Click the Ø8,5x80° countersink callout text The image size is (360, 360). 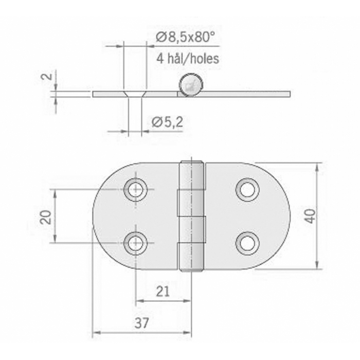[185, 37]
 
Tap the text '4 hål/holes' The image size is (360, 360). [187, 58]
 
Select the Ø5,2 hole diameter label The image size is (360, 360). [168, 122]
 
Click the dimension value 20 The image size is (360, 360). [46, 217]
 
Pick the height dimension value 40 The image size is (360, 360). [310, 216]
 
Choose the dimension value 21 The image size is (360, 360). [163, 292]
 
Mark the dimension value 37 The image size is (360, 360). [142, 323]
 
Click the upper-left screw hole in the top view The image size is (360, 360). [135, 190]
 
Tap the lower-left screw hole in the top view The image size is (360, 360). [135, 243]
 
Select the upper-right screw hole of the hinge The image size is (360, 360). [247, 190]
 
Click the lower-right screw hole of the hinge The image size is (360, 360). [247, 243]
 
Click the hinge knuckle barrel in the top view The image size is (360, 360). [191, 216]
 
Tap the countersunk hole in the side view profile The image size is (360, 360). [135, 94]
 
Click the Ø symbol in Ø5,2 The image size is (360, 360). [157, 122]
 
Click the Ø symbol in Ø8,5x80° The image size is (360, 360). [160, 37]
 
